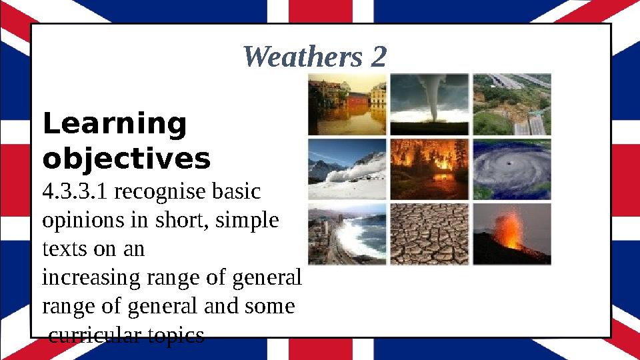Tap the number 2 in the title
coord(378,57)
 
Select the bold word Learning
coord(114,125)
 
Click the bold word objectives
coord(126,159)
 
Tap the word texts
coord(59,249)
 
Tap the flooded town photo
coord(347,104)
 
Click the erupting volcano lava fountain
coord(511,230)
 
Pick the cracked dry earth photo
coord(429,234)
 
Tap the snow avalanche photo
coord(347,169)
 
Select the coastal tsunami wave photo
coord(347,234)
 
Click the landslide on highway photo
coord(512,104)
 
